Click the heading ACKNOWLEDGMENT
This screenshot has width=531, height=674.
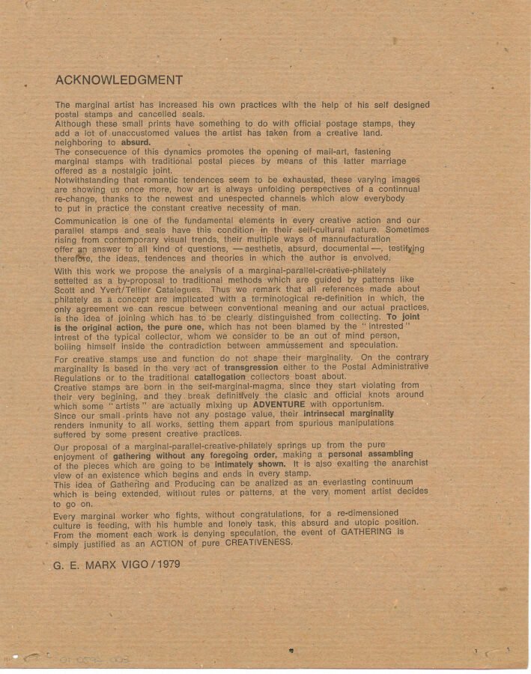click(x=118, y=80)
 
